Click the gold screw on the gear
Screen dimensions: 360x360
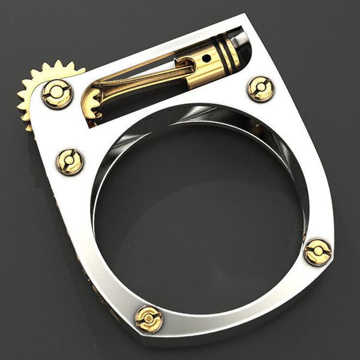[x=58, y=93]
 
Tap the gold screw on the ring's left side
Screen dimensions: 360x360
[x=70, y=161]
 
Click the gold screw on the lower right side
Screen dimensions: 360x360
[x=317, y=251]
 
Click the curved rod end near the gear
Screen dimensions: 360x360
[x=96, y=90]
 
